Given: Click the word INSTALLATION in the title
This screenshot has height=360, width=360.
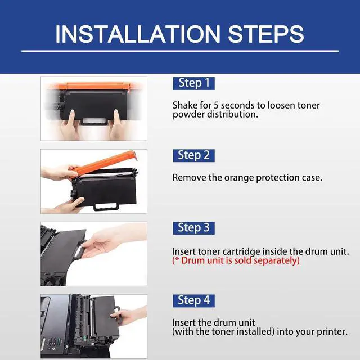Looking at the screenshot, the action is click(138, 34).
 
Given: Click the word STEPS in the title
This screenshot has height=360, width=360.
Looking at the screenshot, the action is click(266, 34).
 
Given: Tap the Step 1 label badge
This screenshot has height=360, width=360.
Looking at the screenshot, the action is click(193, 83).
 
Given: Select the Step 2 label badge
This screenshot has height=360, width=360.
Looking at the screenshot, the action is click(193, 155).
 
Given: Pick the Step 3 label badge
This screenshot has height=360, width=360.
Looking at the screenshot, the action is click(193, 228).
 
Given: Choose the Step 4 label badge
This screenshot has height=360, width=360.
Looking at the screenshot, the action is click(193, 300).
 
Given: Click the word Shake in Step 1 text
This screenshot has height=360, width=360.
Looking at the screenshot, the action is click(185, 105).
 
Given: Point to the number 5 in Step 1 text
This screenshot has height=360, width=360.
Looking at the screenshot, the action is click(216, 106).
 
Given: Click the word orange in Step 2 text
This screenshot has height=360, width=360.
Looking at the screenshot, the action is click(239, 178).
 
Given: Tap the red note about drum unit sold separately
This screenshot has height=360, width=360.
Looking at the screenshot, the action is click(236, 260).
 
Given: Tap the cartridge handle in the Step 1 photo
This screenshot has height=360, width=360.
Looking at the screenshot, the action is click(94, 121).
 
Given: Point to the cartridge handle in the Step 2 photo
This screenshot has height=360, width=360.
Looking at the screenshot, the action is click(106, 206).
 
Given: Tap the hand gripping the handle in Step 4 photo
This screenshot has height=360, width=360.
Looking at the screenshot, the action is click(129, 316).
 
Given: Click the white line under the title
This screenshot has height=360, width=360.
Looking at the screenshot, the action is click(180, 51).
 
